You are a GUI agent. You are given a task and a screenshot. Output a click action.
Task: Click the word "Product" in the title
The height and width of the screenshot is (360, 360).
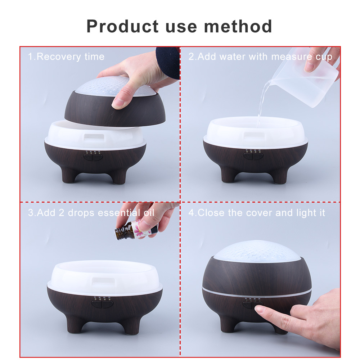[122, 27]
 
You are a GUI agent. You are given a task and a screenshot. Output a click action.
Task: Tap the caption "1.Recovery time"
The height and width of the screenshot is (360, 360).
[66, 57]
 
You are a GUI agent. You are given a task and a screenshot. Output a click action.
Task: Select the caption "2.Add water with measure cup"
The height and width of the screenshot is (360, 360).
[260, 57]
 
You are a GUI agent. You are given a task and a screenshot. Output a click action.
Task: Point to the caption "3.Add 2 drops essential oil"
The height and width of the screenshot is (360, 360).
[91, 212]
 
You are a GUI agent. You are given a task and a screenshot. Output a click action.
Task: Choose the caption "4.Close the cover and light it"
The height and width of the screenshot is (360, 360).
[257, 212]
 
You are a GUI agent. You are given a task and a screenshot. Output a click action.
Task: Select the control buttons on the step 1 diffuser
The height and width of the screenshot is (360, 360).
[93, 156]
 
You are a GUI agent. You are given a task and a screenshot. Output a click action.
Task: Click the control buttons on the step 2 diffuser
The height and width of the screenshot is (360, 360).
[252, 156]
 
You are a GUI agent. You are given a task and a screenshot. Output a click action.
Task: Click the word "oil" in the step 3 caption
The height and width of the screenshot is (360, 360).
[146, 212]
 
